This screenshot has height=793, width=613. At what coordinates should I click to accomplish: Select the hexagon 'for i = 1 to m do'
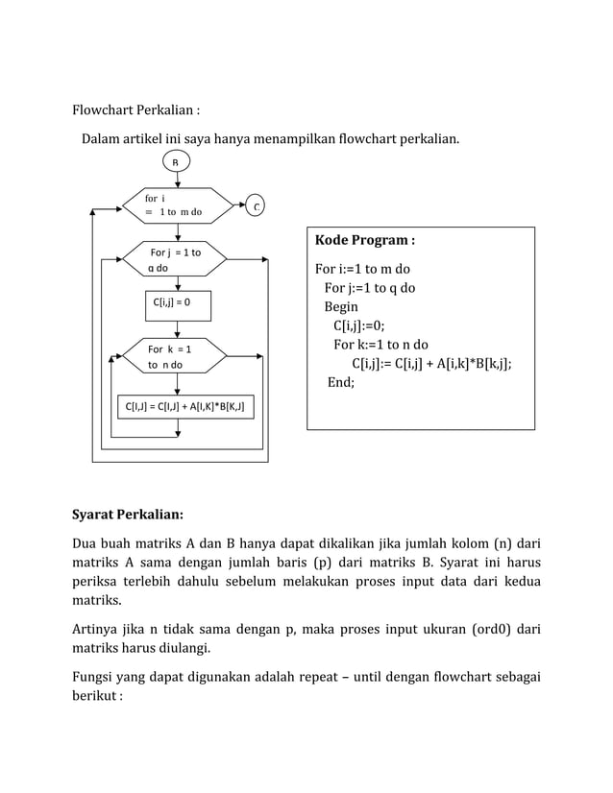(179, 205)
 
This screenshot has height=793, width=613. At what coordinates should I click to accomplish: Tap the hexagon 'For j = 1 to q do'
(175, 259)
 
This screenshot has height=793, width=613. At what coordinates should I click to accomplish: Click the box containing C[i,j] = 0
(177, 305)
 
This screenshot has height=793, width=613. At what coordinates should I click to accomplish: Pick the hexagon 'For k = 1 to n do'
(175, 356)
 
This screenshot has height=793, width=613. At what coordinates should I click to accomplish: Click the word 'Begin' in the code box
(340, 307)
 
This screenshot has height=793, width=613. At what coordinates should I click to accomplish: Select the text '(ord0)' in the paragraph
(487, 630)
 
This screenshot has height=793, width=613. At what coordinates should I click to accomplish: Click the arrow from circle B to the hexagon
(177, 180)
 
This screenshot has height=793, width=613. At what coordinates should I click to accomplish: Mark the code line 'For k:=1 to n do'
(380, 345)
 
